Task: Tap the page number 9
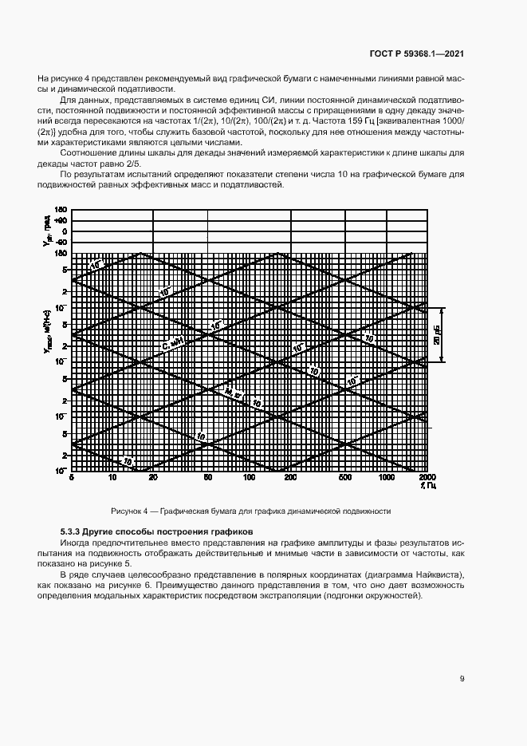pyautogui.click(x=462, y=679)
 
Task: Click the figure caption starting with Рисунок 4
pyautogui.click(x=250, y=511)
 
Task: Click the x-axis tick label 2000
pyautogui.click(x=427, y=477)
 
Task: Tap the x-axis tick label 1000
pyautogui.click(x=387, y=477)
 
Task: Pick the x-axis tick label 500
pyautogui.click(x=345, y=477)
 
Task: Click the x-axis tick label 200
pyautogui.click(x=290, y=477)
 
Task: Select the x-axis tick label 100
pyautogui.click(x=249, y=477)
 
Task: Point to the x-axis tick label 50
pyautogui.click(x=208, y=477)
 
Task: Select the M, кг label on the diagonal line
pyautogui.click(x=231, y=393)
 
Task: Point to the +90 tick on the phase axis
pyautogui.click(x=61, y=220)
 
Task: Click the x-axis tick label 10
pyautogui.click(x=112, y=477)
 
